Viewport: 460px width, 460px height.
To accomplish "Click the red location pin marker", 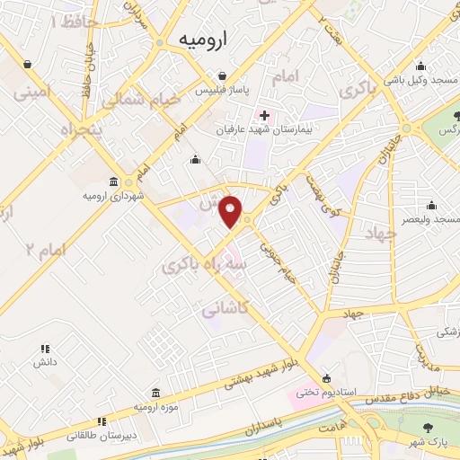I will (x=232, y=212).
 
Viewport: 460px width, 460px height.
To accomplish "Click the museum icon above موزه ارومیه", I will (x=157, y=393).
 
